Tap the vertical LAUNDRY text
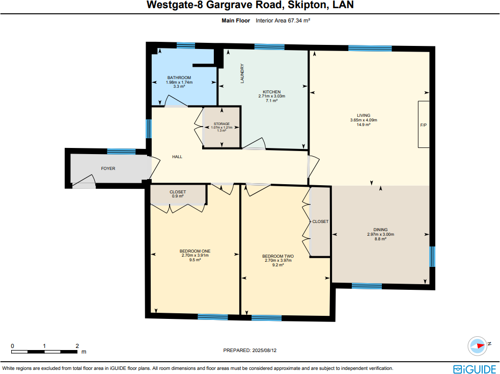click(x=243, y=73)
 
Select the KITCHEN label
click(x=271, y=92)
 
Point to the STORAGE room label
click(x=221, y=124)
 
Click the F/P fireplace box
click(x=423, y=124)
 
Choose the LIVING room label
click(x=363, y=115)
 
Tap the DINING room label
click(x=380, y=230)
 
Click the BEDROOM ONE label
click(x=195, y=251)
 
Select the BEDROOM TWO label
click(x=278, y=256)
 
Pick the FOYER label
click(x=108, y=168)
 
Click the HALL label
click(x=177, y=157)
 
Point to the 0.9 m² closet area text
click(x=178, y=196)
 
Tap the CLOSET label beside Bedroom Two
click(x=320, y=221)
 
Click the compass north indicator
click(x=479, y=345)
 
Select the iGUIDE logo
click(x=474, y=368)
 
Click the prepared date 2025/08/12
click(x=269, y=351)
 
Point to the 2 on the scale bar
click(x=77, y=346)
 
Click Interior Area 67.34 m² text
click(x=283, y=21)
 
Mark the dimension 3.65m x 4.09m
click(x=363, y=120)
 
